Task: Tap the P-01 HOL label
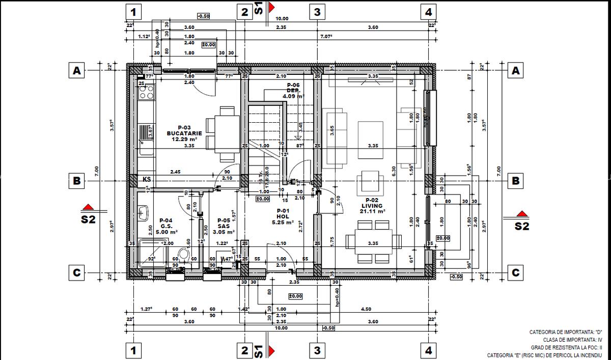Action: tap(283, 216)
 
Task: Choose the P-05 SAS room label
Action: tap(224, 226)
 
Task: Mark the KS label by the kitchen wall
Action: tap(147, 179)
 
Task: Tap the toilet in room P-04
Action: tap(184, 255)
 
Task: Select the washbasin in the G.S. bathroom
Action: tap(144, 211)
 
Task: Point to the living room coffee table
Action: tap(371, 132)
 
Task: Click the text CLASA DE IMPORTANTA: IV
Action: tap(572, 339)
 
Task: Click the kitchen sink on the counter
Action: tap(146, 133)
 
